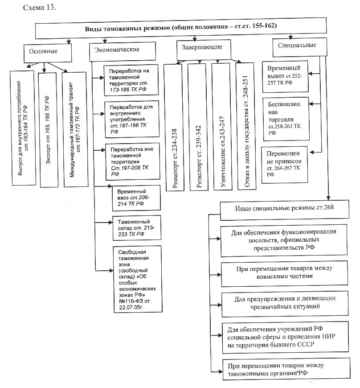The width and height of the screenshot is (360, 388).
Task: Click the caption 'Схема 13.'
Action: click(40, 8)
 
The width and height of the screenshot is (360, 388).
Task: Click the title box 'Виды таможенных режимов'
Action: click(181, 28)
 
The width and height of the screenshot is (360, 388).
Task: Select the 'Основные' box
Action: click(48, 53)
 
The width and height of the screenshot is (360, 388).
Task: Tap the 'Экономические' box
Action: click(123, 51)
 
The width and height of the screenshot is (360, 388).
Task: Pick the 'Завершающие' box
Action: click(204, 50)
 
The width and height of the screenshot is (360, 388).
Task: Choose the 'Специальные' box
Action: click(300, 47)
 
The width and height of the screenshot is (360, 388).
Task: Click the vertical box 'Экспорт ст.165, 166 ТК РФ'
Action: click(48, 130)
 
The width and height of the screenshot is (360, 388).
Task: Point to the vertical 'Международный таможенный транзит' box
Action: click(75, 129)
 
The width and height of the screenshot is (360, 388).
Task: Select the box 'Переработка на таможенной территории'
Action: click(131, 80)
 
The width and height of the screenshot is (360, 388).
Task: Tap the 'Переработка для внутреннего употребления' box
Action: click(131, 119)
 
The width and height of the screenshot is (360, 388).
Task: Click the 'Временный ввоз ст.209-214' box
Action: click(136, 198)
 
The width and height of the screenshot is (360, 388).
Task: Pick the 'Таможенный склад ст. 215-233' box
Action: click(137, 228)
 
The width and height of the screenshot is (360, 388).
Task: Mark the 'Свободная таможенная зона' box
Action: click(138, 279)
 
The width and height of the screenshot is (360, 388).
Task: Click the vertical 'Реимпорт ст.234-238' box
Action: click(174, 127)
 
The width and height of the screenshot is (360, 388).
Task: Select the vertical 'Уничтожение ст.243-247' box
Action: click(222, 127)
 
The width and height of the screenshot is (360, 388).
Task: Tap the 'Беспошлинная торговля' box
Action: click(286, 119)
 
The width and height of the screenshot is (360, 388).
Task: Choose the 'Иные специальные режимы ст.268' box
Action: click(284, 210)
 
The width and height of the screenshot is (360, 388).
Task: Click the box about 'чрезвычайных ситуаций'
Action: click(285, 304)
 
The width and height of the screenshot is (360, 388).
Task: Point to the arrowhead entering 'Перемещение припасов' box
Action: click(312, 153)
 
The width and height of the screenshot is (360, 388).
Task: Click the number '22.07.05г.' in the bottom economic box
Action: click(131, 307)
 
